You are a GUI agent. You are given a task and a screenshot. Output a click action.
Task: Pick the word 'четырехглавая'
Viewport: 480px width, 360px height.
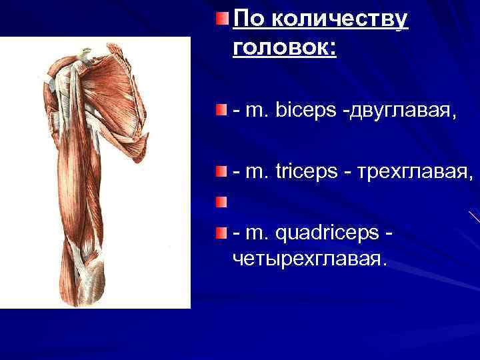pyautogui.click(x=308, y=257)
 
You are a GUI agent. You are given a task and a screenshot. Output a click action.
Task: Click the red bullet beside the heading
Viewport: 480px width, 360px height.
pyautogui.click(x=221, y=16)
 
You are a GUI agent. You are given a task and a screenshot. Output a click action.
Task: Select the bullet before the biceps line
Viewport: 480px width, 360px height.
pyautogui.click(x=221, y=108)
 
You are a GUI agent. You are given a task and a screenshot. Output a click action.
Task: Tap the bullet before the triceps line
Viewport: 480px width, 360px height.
pyautogui.click(x=221, y=172)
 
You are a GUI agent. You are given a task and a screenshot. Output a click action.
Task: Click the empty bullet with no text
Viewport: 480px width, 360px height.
pyautogui.click(x=221, y=201)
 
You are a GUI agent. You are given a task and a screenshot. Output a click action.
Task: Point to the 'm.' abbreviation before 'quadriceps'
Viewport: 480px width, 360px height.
pyautogui.click(x=256, y=234)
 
